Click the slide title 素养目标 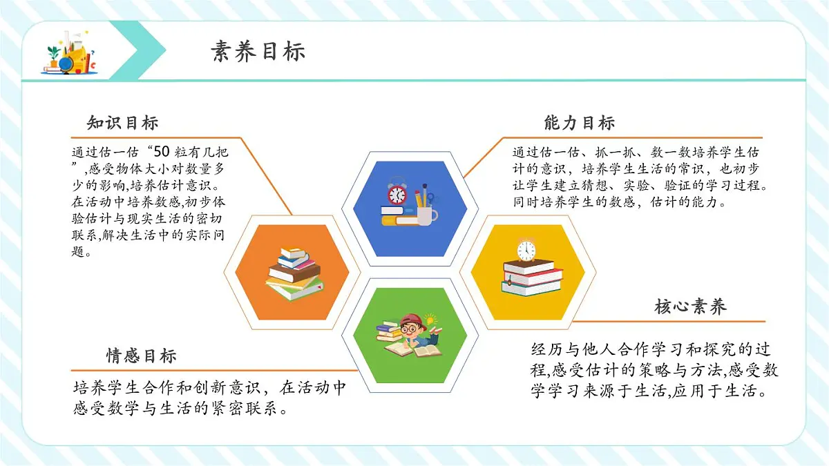[x=258, y=52]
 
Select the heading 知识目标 [x=122, y=123]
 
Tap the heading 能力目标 [x=579, y=124]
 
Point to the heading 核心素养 [x=690, y=307]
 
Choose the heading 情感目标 [x=141, y=356]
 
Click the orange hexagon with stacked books [x=294, y=272]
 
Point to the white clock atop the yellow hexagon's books [x=526, y=249]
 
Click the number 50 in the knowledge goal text [x=161, y=152]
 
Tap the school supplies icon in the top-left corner [x=70, y=53]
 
